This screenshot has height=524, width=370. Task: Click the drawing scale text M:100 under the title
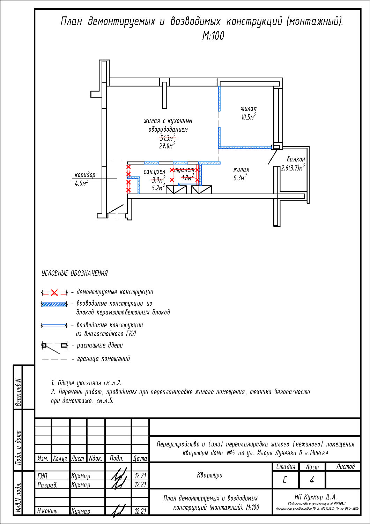point(213,36)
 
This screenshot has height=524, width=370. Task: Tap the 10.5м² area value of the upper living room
point(249,117)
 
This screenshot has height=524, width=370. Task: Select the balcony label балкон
point(296,159)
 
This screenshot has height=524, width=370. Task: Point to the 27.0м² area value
point(167,146)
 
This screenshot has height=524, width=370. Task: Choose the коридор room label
point(85,175)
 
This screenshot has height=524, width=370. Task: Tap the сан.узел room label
point(154,172)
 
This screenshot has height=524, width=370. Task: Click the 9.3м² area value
point(240,178)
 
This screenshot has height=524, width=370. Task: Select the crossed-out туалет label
point(184,170)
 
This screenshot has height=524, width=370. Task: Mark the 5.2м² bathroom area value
point(158,188)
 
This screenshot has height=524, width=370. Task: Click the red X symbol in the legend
point(54,292)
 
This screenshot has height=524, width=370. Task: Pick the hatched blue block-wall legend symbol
point(54,305)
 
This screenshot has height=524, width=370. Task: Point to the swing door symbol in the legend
point(54,346)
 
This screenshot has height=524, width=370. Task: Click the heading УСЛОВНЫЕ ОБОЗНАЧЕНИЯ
point(75,274)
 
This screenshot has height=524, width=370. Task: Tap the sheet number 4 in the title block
point(312,480)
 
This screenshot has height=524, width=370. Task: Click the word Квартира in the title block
point(210,475)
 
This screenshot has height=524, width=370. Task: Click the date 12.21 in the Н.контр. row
point(140,511)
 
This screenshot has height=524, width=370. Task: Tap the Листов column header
point(345,466)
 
